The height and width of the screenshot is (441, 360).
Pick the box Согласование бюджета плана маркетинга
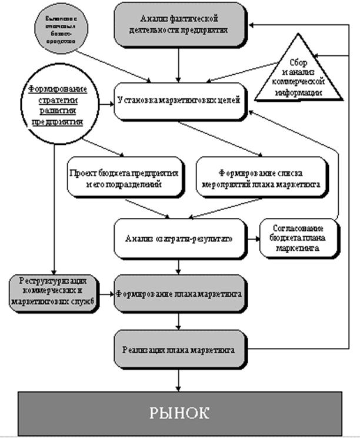299,238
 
